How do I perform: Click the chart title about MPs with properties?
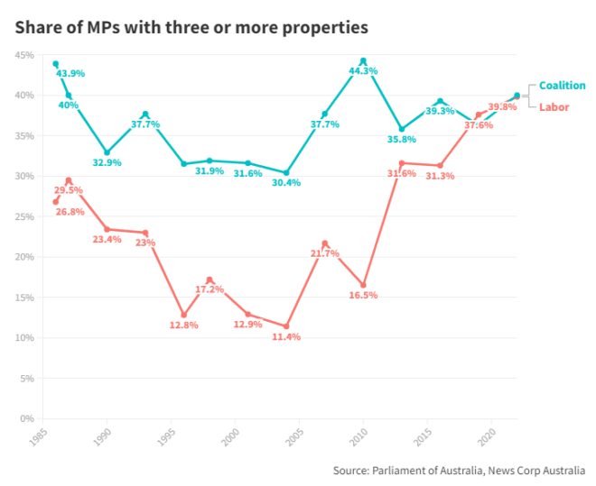tap(191, 27)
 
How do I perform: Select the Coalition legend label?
tap(562, 86)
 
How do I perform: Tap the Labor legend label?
tap(554, 106)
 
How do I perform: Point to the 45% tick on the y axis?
tap(24, 55)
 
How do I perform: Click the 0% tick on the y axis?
tap(27, 418)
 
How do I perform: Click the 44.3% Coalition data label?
tap(363, 70)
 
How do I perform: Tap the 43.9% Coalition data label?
tap(70, 73)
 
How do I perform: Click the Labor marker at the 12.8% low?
tap(184, 316)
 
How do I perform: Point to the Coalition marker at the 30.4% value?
tap(286, 173)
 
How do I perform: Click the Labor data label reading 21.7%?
tap(324, 253)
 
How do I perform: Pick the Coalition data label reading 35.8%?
tap(401, 140)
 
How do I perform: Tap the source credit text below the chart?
tap(458, 471)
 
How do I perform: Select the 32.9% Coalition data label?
tap(107, 162)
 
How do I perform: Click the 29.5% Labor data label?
tap(70, 190)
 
